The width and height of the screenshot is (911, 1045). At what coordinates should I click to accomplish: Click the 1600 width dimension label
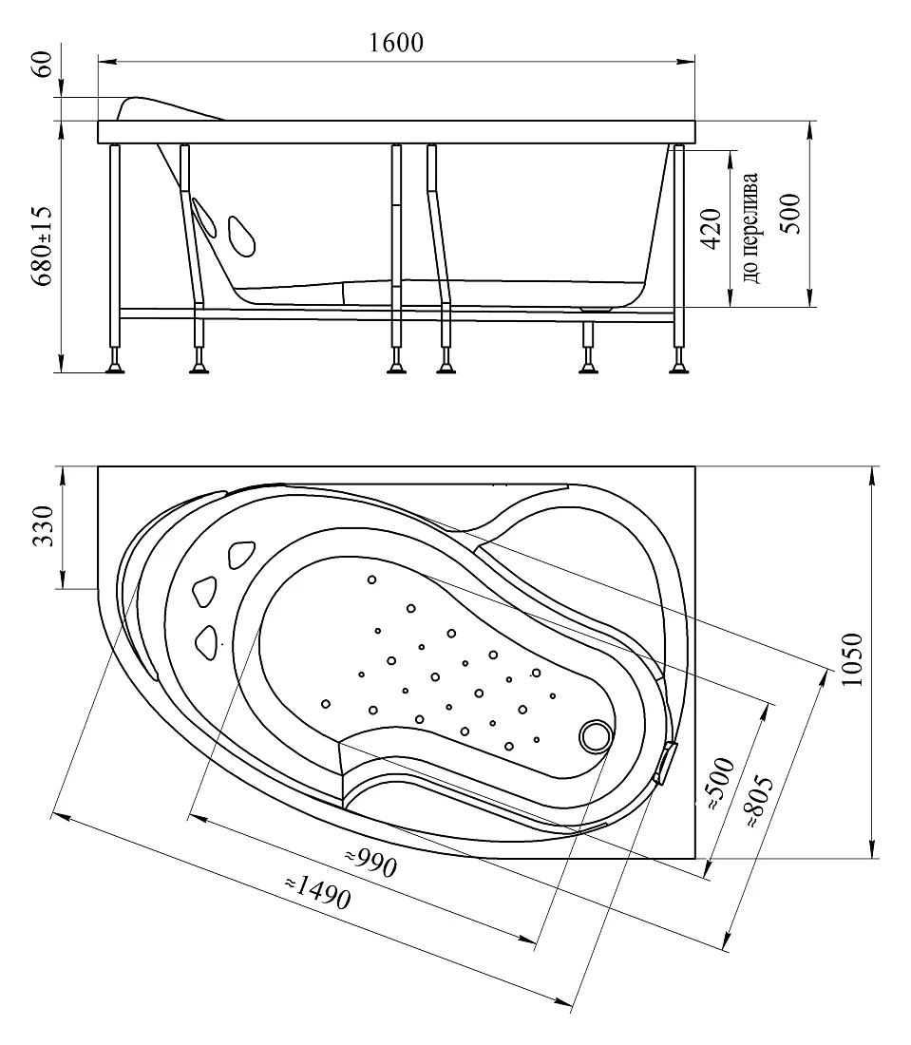point(396,43)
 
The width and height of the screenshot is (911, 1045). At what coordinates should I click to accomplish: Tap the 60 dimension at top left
point(43,64)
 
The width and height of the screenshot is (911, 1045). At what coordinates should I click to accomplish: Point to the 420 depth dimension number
point(712,229)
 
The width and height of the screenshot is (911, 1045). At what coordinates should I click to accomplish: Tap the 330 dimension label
point(43,526)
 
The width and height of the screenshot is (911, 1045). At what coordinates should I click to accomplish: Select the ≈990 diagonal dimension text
point(371,863)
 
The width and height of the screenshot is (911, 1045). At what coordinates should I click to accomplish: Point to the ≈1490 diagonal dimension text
point(318,892)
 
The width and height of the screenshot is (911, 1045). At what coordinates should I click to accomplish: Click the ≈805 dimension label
point(760,802)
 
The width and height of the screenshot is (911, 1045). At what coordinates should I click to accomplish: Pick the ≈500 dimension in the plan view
point(720,785)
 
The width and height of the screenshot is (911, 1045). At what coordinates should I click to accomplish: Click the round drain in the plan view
point(595,736)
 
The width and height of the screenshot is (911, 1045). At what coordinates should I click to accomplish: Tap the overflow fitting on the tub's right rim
point(664,762)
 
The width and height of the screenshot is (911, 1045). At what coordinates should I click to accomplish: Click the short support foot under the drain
point(588,348)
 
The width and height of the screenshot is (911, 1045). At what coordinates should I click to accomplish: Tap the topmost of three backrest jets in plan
point(241,555)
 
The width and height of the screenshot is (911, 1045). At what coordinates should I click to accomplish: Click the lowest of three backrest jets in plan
point(207,642)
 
